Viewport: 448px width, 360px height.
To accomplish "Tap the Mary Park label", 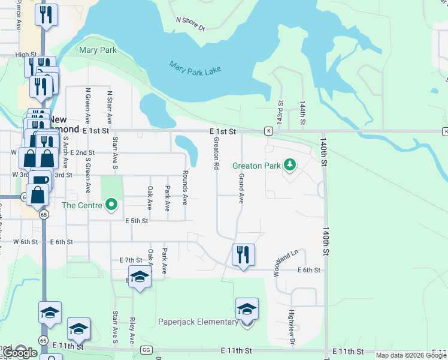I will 98,50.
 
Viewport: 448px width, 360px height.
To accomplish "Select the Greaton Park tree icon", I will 290,163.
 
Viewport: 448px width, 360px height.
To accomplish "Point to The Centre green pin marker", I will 111,206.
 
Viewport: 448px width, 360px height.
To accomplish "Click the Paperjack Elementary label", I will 198,322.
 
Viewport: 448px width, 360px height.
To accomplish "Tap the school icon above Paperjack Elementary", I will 246,309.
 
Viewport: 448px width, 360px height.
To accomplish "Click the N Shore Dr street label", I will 190,23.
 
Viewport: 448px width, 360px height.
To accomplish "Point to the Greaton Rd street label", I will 216,152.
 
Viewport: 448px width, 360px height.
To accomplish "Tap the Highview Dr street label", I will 292,326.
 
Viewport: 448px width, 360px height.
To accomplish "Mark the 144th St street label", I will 303,113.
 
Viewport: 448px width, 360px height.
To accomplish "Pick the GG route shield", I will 146,350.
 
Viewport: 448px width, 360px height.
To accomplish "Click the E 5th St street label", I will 137,221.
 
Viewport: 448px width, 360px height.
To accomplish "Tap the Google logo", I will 20,353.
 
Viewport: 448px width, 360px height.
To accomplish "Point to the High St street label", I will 26,55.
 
